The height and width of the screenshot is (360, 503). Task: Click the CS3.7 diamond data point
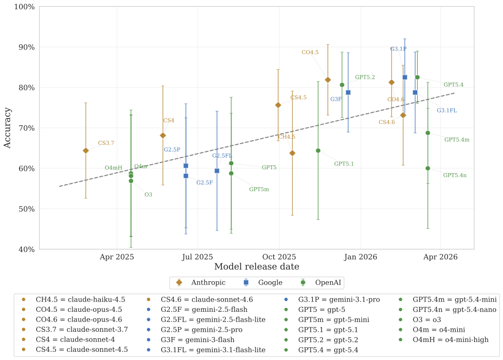pos(86,150)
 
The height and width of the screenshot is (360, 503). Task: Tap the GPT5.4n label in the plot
pos(455,175)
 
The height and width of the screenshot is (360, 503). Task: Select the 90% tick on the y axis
pos(24,47)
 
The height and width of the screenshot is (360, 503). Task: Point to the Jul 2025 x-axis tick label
pos(198,256)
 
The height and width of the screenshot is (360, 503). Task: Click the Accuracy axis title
pos(7,128)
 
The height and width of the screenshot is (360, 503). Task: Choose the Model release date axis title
pos(257,267)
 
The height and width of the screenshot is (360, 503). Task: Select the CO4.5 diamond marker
pos(328,80)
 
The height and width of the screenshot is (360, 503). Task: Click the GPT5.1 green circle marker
pos(318,151)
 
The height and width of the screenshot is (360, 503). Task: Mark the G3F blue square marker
pos(348,92)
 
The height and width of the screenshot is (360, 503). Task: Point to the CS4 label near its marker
pos(168,121)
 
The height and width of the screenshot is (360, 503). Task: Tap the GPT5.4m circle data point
pos(428,133)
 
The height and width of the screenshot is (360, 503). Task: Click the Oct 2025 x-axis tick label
pos(279,256)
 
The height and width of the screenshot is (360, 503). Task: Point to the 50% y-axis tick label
pos(24,209)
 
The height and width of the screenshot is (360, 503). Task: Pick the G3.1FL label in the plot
pos(447,110)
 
